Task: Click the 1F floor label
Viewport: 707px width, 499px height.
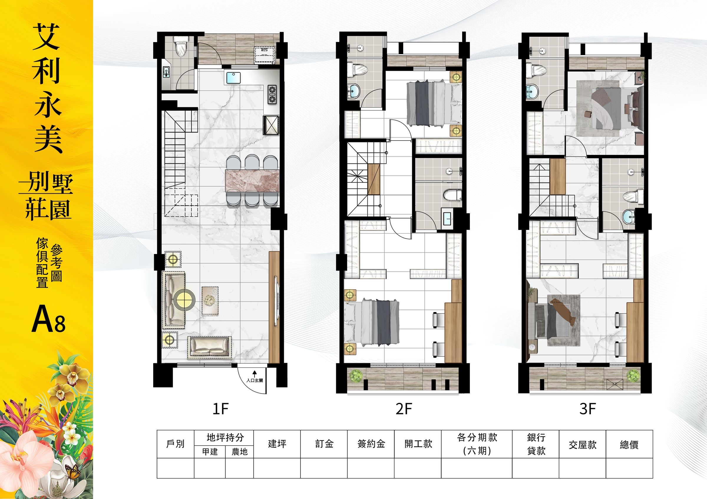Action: tap(220, 409)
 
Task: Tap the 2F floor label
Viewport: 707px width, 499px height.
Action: tap(404, 409)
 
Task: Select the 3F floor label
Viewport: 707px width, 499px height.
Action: tap(587, 409)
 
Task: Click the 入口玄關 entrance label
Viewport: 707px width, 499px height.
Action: tap(255, 380)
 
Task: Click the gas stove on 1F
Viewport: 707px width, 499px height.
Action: tap(272, 95)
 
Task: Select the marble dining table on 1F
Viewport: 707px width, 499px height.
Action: tap(252, 181)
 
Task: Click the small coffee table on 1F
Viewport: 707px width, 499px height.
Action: tap(210, 301)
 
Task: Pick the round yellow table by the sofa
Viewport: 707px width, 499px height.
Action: tap(184, 298)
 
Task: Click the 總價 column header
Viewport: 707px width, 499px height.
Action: tap(629, 445)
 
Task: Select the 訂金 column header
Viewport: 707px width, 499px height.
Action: tap(324, 444)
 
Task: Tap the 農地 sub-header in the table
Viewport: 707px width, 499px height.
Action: tap(239, 452)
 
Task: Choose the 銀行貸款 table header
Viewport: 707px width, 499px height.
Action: tap(536, 444)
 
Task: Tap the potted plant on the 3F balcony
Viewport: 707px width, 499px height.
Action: tap(634, 375)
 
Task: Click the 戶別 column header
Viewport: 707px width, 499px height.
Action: tap(175, 444)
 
